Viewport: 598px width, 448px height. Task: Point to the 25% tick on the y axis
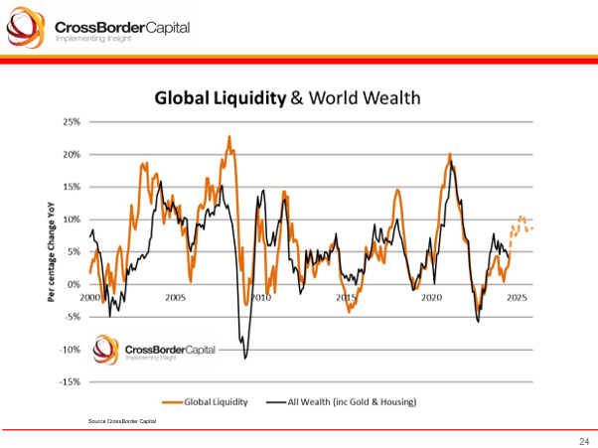[x=71, y=122]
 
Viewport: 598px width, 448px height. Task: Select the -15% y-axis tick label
[x=70, y=381]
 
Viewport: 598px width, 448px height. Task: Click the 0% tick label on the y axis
[x=74, y=284]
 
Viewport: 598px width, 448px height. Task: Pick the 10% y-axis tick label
[x=71, y=220]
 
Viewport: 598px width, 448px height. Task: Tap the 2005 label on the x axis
[x=175, y=297]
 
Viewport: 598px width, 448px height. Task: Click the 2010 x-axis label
[x=260, y=297]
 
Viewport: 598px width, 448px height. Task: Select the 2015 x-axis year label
[x=346, y=297]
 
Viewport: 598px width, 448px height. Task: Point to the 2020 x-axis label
[x=431, y=297]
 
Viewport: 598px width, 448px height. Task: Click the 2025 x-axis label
[x=517, y=297]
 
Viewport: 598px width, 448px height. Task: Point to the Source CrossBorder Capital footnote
[x=122, y=422]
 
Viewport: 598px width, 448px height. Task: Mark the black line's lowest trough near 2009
[x=245, y=357]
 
